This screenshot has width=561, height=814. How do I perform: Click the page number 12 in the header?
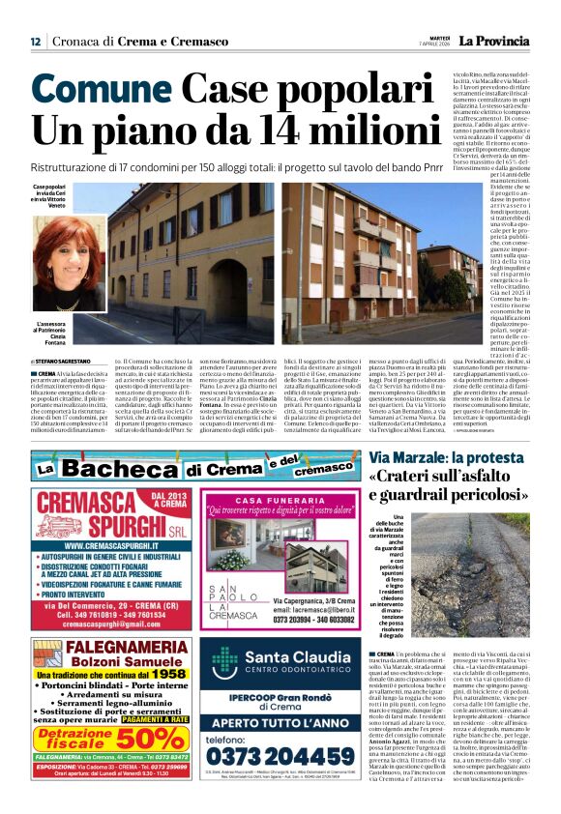coord(35,42)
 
